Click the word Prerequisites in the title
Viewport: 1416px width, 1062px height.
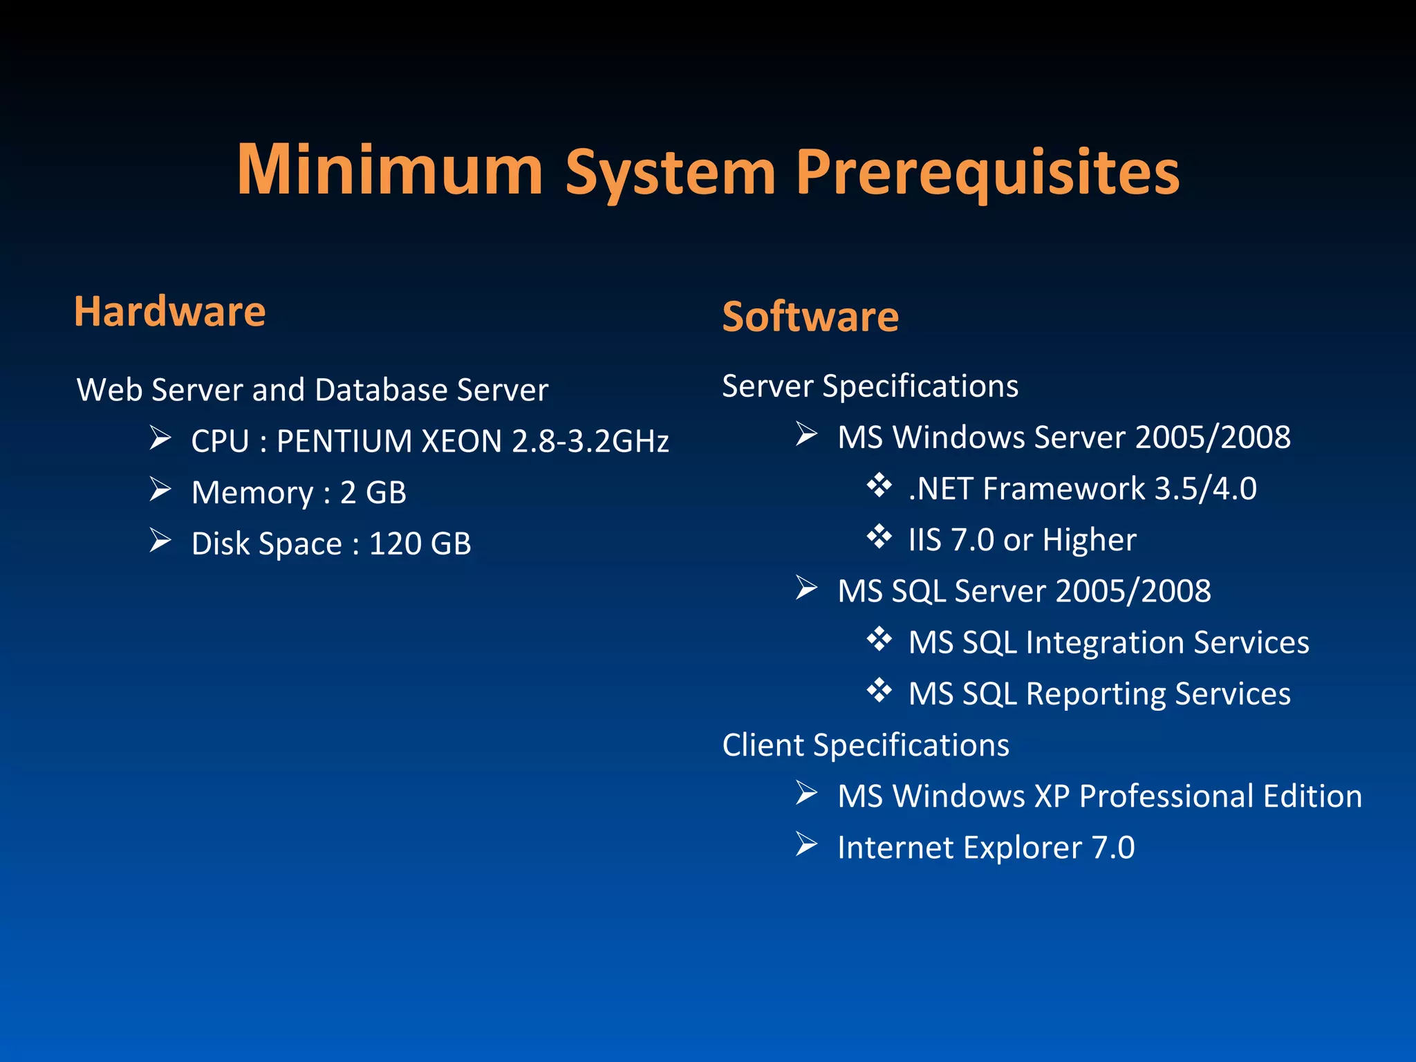point(987,173)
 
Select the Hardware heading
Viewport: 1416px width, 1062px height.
point(169,311)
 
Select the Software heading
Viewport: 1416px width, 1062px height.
point(810,317)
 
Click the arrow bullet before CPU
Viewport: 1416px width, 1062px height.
point(160,438)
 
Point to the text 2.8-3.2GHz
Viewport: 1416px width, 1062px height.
point(590,441)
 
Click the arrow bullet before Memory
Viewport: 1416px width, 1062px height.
point(160,490)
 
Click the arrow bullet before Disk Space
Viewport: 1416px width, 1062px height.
point(160,541)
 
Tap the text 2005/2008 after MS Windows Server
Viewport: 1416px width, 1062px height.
point(1213,438)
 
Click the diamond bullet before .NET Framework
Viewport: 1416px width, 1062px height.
point(879,485)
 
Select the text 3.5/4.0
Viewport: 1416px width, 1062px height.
point(1205,489)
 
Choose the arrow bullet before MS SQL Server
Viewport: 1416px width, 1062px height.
point(806,588)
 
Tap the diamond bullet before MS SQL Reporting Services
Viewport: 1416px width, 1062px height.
point(879,690)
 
